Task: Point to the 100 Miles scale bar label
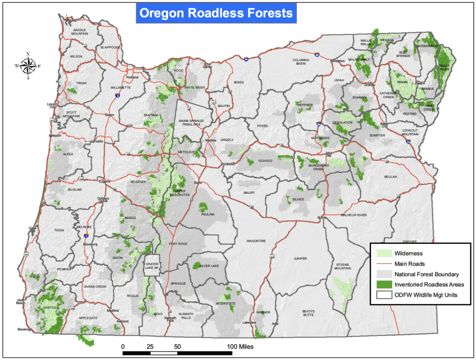240,347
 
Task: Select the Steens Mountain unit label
343,267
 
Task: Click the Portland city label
132,77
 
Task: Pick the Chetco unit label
49,307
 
